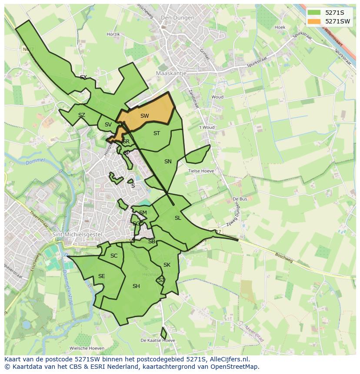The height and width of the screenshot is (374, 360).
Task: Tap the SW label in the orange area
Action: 145,116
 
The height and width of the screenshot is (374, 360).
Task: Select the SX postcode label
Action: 83,77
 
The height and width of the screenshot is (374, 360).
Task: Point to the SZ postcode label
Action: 82,115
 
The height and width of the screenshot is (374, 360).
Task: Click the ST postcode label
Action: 157,133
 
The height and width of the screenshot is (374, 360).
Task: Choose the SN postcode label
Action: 168,162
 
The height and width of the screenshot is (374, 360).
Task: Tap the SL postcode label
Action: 177,218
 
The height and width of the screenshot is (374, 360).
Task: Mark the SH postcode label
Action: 136,286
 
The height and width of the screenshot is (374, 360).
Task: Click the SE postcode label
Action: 101,276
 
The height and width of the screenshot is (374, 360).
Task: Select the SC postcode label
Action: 114,256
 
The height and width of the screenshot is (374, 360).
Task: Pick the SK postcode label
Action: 167,265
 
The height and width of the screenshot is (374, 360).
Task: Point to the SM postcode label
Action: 143,213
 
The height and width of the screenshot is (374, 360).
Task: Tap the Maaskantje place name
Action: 171,73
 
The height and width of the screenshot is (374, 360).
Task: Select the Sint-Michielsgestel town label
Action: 77,235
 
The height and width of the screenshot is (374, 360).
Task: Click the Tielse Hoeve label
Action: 201,171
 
